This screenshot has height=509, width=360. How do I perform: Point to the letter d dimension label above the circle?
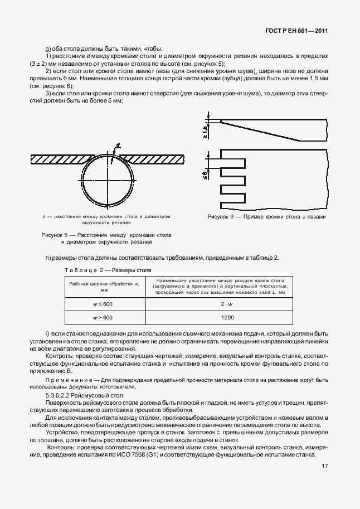tap(118, 147)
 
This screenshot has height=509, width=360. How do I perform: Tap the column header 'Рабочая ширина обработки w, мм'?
tap(103, 287)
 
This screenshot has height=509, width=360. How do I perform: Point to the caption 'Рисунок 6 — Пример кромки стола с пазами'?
tap(266, 216)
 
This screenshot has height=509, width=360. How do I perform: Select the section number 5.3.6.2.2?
tap(59, 395)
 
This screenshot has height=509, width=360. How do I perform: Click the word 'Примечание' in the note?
tap(66, 380)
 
